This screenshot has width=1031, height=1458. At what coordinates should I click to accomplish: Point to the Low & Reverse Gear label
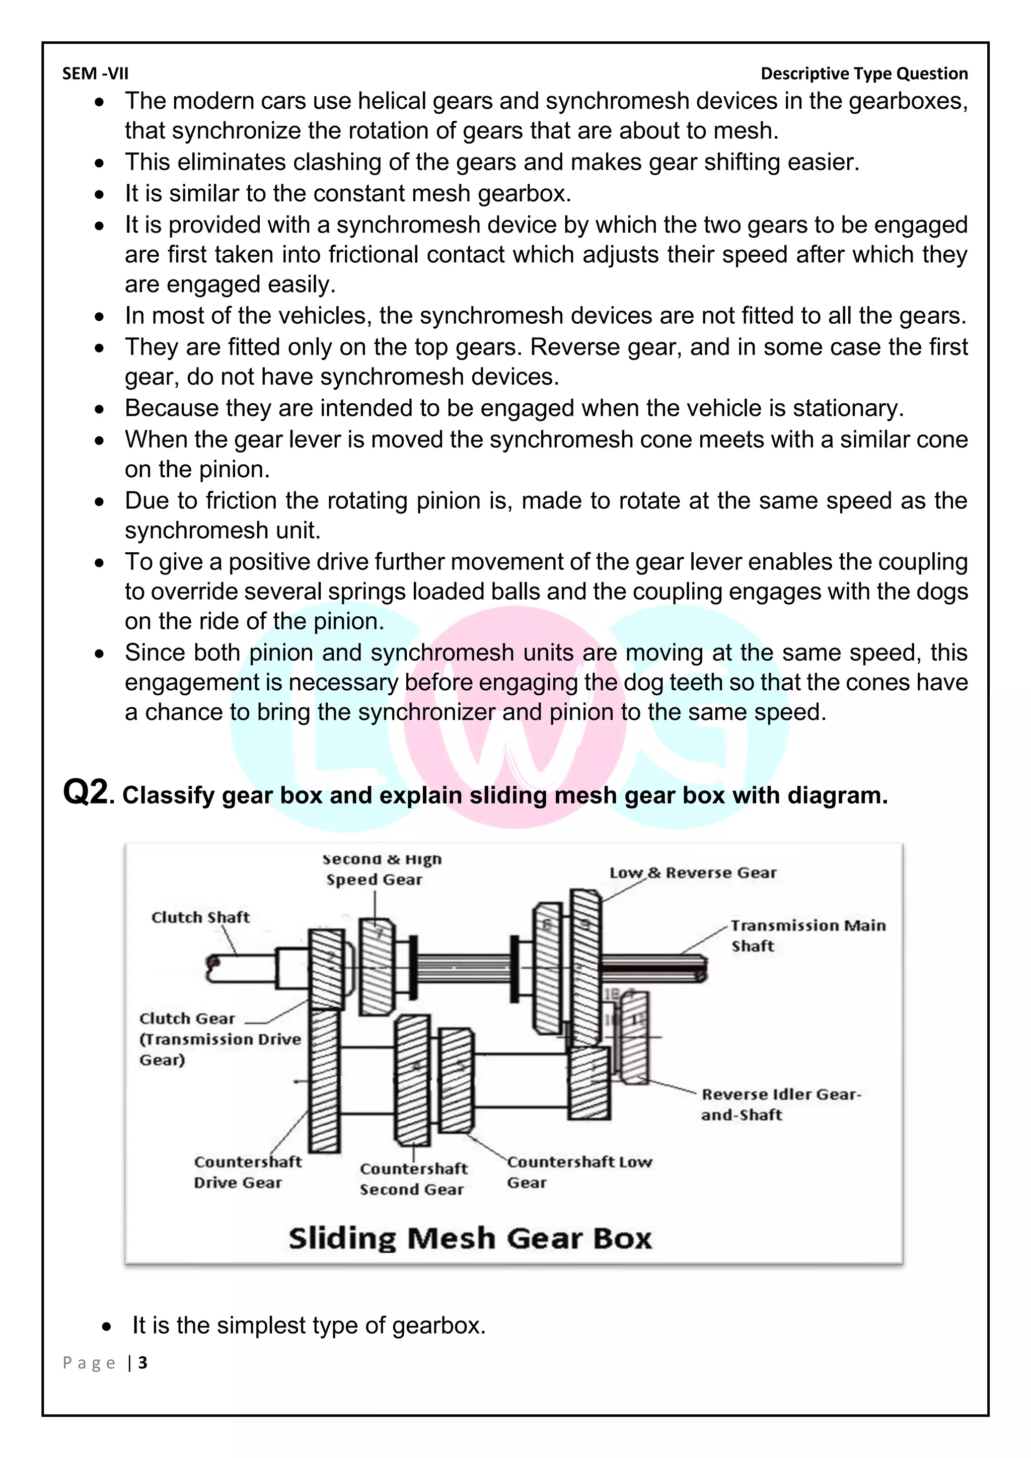pos(693,872)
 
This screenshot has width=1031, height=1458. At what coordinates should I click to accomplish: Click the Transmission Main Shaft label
pos(807,935)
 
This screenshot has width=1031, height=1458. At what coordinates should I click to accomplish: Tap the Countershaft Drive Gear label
pos(248,1172)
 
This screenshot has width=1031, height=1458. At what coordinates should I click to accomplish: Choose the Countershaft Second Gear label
pos(413,1179)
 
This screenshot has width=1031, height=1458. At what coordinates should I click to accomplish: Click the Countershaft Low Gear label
pos(578,1172)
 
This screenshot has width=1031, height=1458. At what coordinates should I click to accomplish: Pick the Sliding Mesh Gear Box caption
pos(470,1239)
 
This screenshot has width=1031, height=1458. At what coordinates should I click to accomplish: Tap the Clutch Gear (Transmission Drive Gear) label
pos(219,1039)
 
